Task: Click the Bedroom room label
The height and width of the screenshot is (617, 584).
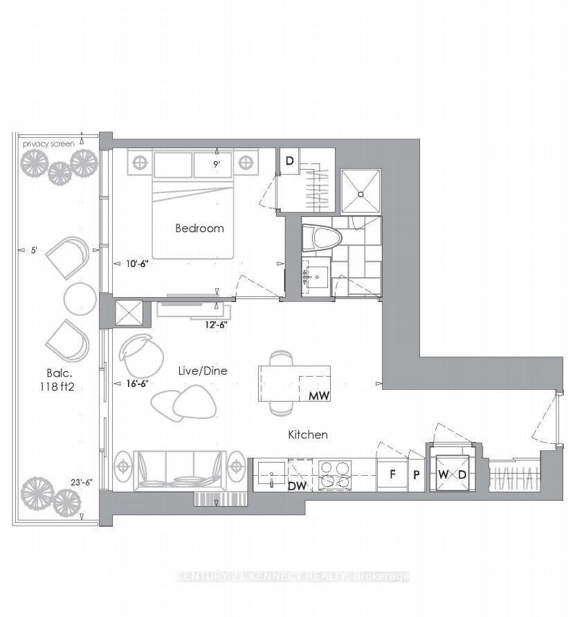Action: tap(199, 228)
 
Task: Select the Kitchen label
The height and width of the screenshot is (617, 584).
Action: tap(307, 435)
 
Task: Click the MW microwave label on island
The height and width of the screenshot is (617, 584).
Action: tap(318, 397)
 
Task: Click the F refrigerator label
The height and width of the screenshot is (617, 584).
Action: tap(392, 475)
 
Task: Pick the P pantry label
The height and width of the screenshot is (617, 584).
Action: tap(417, 475)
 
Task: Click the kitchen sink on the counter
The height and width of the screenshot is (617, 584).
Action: tap(271, 475)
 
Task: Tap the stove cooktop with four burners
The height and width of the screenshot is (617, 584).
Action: tap(336, 475)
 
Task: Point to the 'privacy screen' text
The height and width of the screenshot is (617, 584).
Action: tap(48, 143)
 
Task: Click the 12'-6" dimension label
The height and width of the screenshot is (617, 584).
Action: tap(215, 323)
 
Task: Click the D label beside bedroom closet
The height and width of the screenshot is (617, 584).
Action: tap(289, 161)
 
